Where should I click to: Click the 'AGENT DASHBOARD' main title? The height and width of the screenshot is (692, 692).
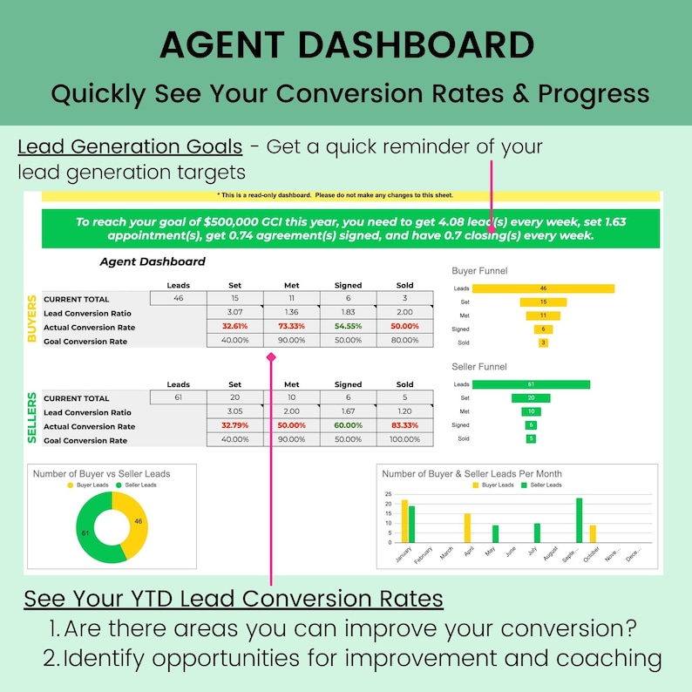[x=346, y=45]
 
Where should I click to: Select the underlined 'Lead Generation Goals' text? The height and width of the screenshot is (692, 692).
[x=130, y=146]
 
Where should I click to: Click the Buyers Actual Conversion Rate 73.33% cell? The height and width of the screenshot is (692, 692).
[x=291, y=327]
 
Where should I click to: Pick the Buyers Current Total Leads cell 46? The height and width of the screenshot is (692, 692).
[x=178, y=299]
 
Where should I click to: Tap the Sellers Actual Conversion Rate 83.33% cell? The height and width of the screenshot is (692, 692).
[x=404, y=426]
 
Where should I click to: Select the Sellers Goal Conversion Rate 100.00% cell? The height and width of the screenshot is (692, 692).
[x=404, y=440]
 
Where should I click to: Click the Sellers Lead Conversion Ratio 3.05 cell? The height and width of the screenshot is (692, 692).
[x=234, y=412]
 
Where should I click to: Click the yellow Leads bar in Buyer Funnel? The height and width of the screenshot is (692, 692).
[x=543, y=288]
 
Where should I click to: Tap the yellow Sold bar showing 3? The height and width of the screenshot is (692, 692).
[x=543, y=343]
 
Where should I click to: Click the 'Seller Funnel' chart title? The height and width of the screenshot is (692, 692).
[x=479, y=367]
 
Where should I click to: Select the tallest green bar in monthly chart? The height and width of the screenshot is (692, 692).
[x=579, y=520]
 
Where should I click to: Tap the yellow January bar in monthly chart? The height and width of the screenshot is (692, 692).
[x=404, y=521]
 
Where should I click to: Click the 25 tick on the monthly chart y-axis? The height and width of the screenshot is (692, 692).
[x=388, y=493]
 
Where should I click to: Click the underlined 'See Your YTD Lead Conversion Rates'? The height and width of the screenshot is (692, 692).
[x=233, y=600]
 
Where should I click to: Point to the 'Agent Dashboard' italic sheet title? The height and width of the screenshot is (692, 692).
[x=153, y=261]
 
